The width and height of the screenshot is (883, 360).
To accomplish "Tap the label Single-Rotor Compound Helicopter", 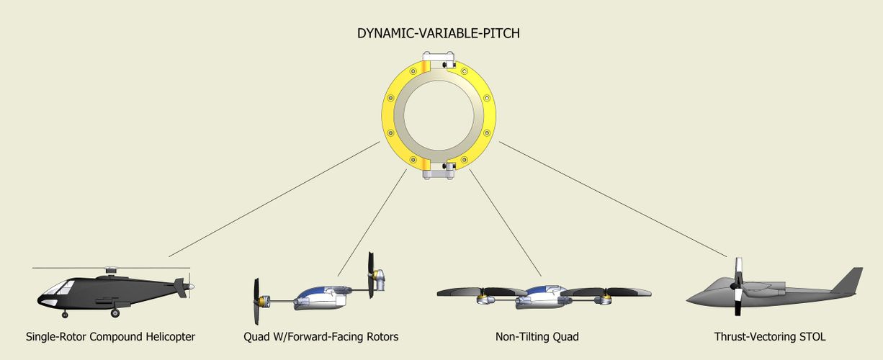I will pos(110,336).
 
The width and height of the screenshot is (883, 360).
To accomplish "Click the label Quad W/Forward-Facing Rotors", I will pos(321,336).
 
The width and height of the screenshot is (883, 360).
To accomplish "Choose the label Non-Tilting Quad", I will pos(537,336).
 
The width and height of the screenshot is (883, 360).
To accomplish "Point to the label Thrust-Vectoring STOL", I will pos(770,336).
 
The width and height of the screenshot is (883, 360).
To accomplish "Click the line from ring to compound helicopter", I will pos(274,199).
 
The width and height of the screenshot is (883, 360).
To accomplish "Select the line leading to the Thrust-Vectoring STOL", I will pos(612,199).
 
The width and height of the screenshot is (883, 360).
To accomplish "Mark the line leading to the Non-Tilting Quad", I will pos(504,222).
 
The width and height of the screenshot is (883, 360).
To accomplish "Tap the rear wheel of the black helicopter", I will pos(115,313).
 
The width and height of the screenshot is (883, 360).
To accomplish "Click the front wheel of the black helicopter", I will pos(65,314).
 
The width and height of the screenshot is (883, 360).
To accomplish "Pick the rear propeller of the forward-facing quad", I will pos(372,275).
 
